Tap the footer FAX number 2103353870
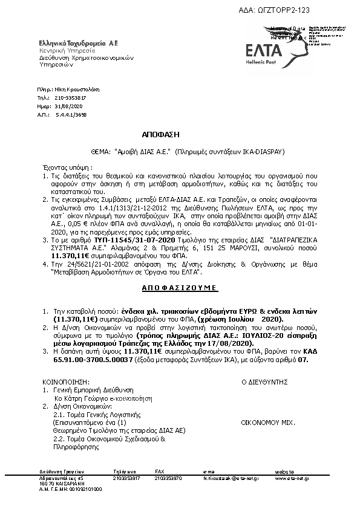click(x=166, y=478)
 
